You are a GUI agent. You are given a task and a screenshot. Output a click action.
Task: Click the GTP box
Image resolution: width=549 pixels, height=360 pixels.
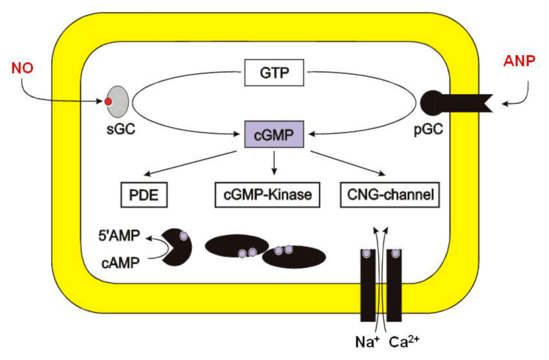tap(274, 72)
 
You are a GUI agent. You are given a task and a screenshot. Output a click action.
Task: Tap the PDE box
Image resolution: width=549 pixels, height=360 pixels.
tap(144, 195)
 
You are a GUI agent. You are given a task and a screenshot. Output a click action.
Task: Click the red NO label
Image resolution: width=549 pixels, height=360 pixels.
tap(22, 68)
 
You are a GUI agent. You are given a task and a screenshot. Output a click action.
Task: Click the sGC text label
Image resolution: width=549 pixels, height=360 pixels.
tap(117, 130)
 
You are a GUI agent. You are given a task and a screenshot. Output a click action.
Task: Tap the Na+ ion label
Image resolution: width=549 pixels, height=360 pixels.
tap(363, 342)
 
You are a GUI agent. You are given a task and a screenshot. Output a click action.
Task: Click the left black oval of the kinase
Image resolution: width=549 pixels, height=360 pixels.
tap(235, 246)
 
